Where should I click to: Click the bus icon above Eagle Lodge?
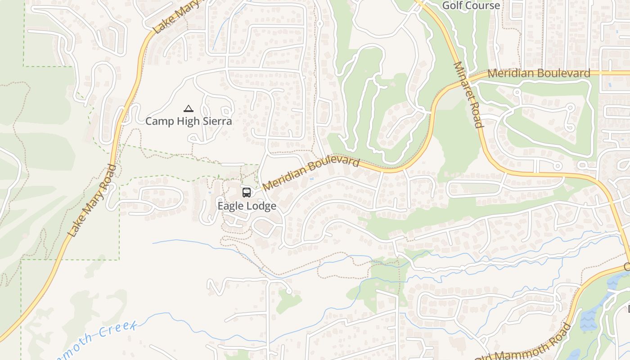click(247, 193)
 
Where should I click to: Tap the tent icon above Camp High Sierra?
click(189, 108)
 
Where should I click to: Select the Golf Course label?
click(471, 5)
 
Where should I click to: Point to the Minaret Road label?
click(468, 94)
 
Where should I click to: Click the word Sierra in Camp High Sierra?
click(216, 121)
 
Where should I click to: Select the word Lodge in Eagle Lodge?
click(261, 206)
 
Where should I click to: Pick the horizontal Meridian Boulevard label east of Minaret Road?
click(539, 73)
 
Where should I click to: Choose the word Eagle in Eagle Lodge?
click(231, 206)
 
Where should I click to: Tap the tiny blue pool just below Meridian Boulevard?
click(312, 179)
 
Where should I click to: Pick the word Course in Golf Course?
click(483, 5)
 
